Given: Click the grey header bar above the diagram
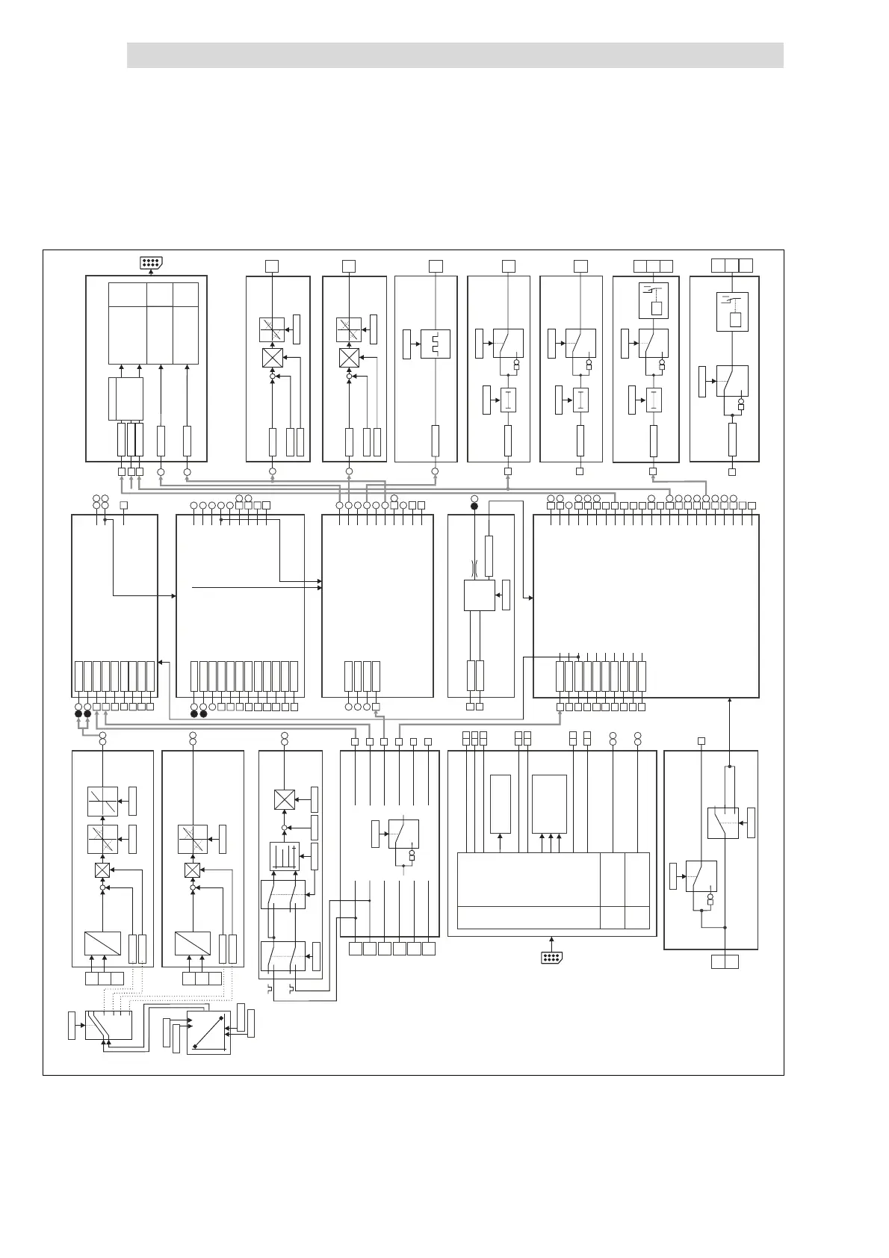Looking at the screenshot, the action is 454,55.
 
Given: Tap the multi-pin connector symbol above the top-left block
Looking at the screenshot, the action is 151,263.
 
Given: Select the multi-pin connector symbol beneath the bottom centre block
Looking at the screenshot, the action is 551,958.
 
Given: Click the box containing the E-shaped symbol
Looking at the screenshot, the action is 435,344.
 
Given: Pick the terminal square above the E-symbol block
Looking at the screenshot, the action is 436,265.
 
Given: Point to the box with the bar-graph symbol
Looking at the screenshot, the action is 284,856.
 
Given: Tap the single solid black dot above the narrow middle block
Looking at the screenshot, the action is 474,506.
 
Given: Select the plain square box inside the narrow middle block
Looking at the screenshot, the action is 479,595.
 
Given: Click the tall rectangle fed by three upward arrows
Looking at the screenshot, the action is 549,804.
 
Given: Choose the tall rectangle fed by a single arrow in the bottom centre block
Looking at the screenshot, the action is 501,804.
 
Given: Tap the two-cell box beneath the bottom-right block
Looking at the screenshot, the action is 725,962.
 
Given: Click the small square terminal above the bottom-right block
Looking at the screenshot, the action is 701,741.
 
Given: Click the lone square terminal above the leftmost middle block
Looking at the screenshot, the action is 124,506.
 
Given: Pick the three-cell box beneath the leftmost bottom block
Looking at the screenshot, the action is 105,979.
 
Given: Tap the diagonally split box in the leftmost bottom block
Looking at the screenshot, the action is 102,943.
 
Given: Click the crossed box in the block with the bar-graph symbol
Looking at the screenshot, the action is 284,799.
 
